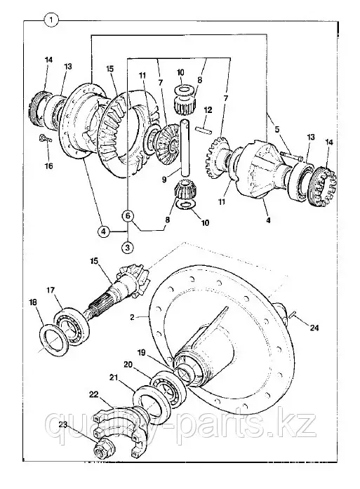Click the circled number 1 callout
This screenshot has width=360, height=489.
pos(51,21)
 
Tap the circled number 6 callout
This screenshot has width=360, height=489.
pos(128,216)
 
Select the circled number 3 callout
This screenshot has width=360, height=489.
pos(128,248)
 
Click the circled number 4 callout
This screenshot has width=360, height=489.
pos(104,232)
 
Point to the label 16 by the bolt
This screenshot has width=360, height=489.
pos(48,166)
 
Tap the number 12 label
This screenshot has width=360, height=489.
pos(208,110)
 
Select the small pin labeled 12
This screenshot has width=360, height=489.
pos(203,129)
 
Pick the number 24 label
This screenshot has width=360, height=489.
pos(314,328)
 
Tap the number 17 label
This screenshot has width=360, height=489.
pos(51,290)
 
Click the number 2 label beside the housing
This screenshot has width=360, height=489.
pos(132,317)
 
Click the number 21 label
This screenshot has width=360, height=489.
pos(114,377)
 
